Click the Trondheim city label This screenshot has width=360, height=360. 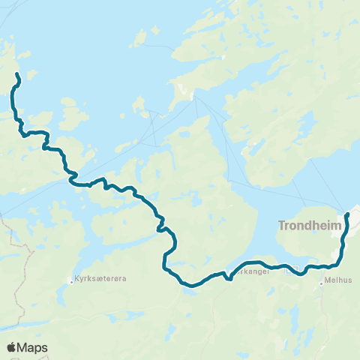click(309, 225)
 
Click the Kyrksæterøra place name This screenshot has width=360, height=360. click(100, 279)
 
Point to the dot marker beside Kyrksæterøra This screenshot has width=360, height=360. click(73, 279)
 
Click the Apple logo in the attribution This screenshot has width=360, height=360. click(11, 347)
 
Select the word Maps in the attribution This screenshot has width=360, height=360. click(33, 347)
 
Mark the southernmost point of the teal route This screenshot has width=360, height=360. click(192, 285)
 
